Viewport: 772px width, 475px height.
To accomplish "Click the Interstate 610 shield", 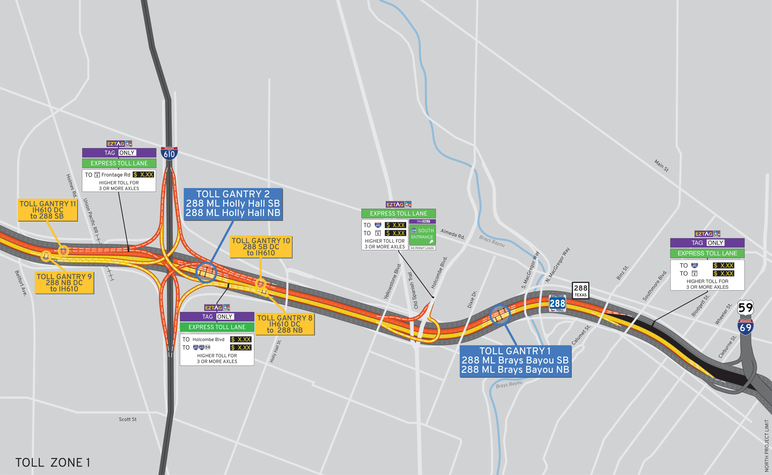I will (x=169, y=153).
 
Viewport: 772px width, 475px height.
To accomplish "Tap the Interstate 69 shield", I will (x=745, y=327).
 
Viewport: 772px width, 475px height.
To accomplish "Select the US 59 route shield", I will (x=745, y=308).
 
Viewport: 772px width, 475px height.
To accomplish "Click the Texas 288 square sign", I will (x=581, y=290).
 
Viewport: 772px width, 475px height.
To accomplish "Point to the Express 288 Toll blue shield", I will (x=558, y=303).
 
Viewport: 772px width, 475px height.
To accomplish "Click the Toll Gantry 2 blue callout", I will (x=233, y=204).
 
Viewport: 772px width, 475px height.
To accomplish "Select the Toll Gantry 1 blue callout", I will (x=515, y=361).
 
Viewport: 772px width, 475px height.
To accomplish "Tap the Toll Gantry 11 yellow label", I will (x=47, y=210).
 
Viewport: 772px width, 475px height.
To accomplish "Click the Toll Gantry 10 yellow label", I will (x=261, y=247).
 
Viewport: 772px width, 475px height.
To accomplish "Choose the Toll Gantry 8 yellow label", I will (x=285, y=324).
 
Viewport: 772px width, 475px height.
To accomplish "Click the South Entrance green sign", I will (x=422, y=234).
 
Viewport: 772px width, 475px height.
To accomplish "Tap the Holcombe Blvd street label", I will (x=439, y=273).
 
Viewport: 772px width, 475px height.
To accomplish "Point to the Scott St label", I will (x=128, y=420).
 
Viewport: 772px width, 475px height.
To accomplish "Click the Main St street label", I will (x=661, y=166).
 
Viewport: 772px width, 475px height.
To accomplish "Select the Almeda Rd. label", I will (x=452, y=234).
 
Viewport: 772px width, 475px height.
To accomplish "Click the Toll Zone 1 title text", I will (x=52, y=462).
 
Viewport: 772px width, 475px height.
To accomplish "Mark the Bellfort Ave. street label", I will (x=21, y=283).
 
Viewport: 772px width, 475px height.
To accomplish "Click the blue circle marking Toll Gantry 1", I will (x=500, y=315).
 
